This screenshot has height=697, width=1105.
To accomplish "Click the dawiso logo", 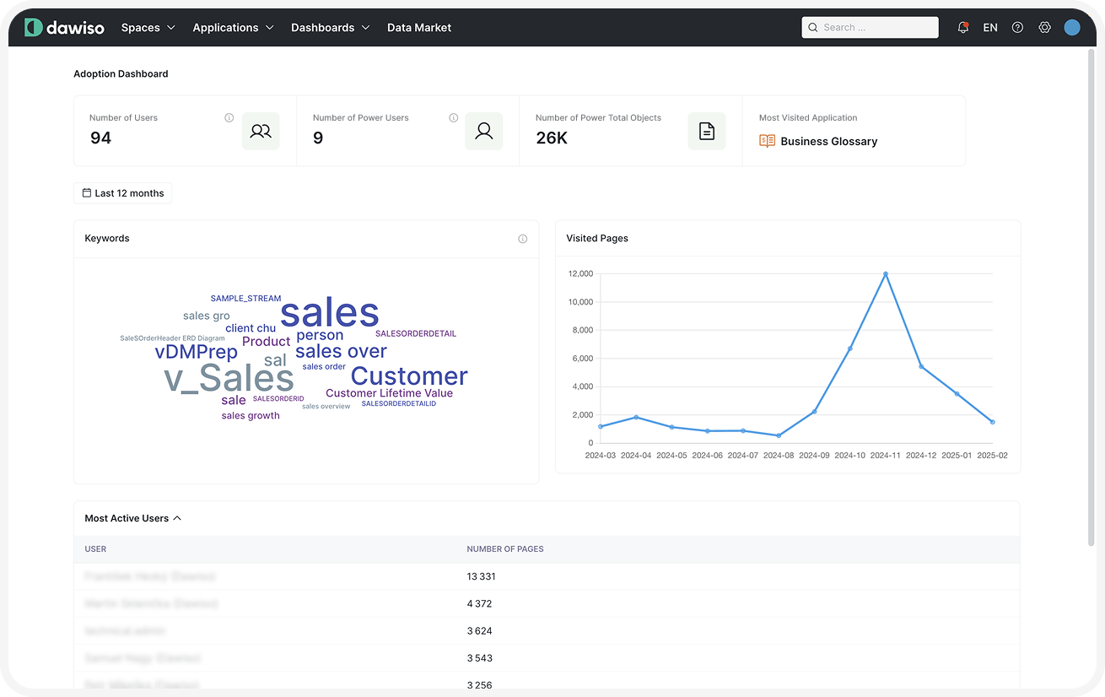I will pyautogui.click(x=64, y=28).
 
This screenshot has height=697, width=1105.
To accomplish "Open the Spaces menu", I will pyautogui.click(x=148, y=28).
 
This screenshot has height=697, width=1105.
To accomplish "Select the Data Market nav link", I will pyautogui.click(x=419, y=28).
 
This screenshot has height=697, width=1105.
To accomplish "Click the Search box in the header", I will pyautogui.click(x=870, y=28).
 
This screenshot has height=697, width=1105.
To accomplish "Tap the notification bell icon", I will pyautogui.click(x=962, y=28).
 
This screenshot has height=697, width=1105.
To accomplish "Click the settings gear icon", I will pyautogui.click(x=1044, y=28).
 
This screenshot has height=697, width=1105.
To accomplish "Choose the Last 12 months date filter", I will pyautogui.click(x=123, y=193).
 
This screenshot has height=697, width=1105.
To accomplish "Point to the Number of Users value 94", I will pyautogui.click(x=100, y=138).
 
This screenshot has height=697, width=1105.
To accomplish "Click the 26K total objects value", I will pyautogui.click(x=552, y=138).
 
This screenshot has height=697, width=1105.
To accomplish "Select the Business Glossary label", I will pyautogui.click(x=828, y=142).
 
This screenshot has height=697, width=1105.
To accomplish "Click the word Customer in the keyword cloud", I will pyautogui.click(x=409, y=376).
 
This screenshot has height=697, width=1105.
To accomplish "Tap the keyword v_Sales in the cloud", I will pyautogui.click(x=229, y=378).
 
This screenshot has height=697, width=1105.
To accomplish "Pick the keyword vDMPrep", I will pyautogui.click(x=196, y=352).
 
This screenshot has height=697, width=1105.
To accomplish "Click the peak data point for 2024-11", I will pyautogui.click(x=886, y=274).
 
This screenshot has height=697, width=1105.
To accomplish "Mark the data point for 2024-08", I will pyautogui.click(x=779, y=435).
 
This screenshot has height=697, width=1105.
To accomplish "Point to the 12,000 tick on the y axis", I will pyautogui.click(x=581, y=274).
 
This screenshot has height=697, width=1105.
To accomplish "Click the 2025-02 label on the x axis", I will pyautogui.click(x=992, y=456).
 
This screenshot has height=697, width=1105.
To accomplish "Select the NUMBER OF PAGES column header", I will pyautogui.click(x=505, y=549).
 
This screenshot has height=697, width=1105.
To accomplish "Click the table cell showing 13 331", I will pyautogui.click(x=481, y=577).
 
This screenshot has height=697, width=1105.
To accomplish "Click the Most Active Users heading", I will pyautogui.click(x=127, y=518).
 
